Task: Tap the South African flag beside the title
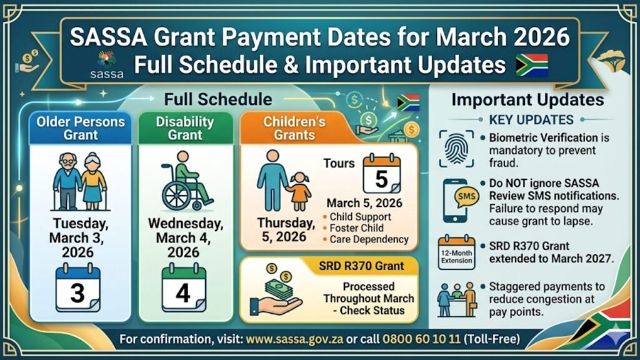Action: (531, 65)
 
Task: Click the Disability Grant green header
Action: (185, 128)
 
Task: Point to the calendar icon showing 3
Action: (77, 288)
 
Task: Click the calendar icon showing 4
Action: (183, 288)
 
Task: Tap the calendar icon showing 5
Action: (382, 173)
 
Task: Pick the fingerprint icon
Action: (455, 148)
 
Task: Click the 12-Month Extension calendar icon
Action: (456, 252)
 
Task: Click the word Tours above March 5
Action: (339, 164)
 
